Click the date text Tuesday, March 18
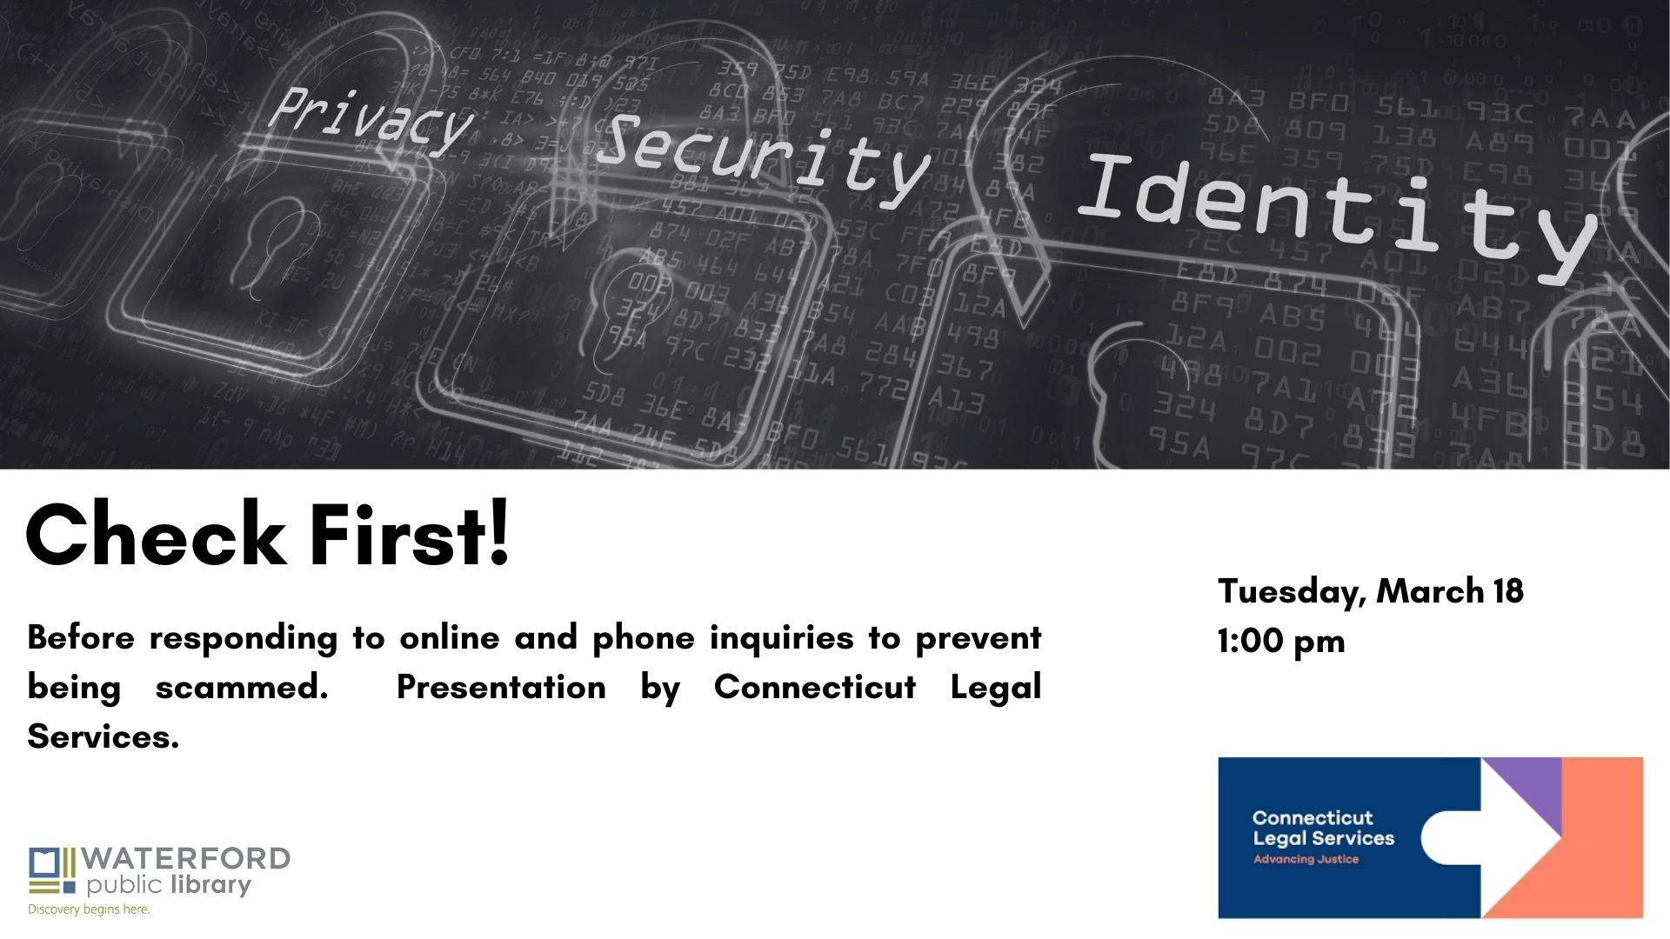[1370, 591]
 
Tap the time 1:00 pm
[1280, 642]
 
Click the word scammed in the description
[241, 688]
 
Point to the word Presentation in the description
[501, 688]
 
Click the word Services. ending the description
[103, 737]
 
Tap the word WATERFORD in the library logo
[187, 860]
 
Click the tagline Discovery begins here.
[90, 909]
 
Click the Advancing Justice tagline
[1306, 860]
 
